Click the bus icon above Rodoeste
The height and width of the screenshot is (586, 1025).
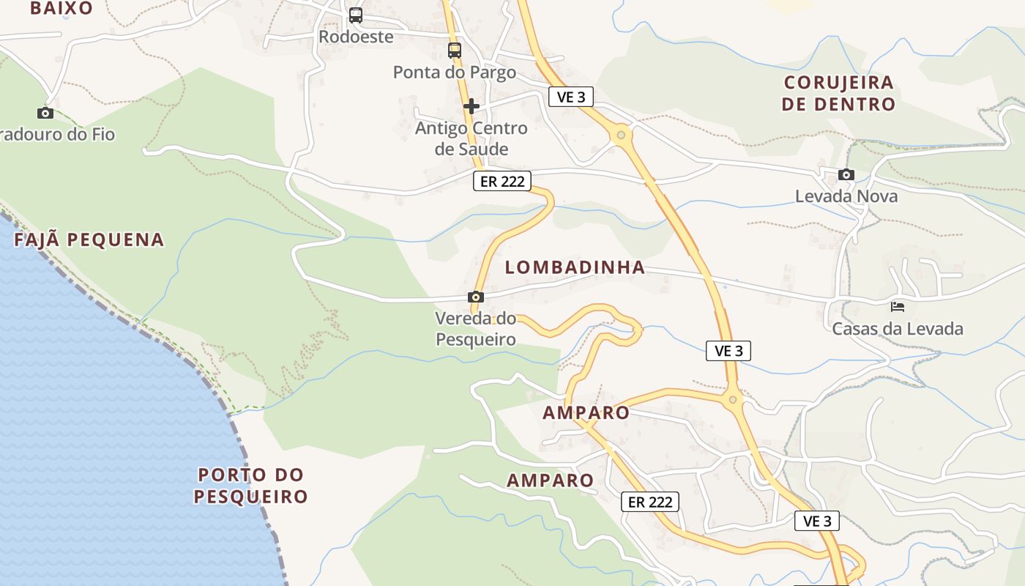pos(356,15)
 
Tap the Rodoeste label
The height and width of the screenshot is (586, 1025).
pos(356,37)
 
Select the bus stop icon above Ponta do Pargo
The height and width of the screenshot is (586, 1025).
pos(455,51)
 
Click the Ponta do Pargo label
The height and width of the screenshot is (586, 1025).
pos(455,73)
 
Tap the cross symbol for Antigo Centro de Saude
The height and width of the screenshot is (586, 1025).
pos(471,106)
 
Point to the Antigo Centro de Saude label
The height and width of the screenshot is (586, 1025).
pos(471,138)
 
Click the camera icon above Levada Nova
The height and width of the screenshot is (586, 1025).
pos(846,174)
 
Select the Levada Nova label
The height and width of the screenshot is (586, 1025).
pos(846,196)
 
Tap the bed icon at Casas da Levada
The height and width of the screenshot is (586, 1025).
pos(898,306)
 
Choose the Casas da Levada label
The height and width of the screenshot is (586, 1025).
pos(898,329)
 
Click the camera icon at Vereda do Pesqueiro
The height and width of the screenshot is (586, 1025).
pos(476,297)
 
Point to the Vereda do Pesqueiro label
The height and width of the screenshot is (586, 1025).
pos(476,329)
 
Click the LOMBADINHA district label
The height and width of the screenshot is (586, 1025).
pos(575,267)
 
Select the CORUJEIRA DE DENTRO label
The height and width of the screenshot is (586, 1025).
pos(838,93)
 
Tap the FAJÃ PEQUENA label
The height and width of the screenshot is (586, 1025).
pos(89,240)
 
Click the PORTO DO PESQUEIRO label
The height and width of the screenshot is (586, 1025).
pos(251,486)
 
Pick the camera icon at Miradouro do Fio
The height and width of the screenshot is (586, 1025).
pos(45,113)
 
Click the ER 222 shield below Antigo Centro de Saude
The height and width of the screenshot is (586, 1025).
pos(502,181)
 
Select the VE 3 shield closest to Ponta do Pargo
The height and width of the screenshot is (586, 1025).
pos(571,97)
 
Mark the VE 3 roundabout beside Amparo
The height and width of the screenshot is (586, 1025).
pos(732,400)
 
